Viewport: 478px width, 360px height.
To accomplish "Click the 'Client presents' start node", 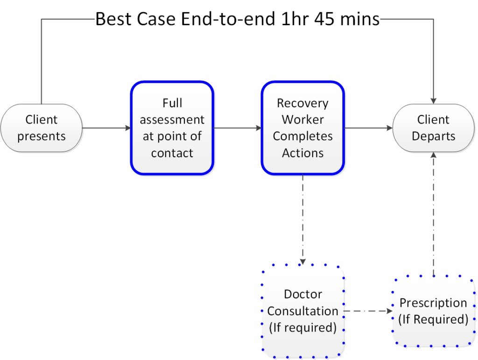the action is click(42, 128).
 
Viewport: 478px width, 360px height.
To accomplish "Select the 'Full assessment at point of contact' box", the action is click(172, 128).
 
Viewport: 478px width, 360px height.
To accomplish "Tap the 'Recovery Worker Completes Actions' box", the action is click(302, 128).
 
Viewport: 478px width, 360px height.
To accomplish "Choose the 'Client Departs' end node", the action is click(434, 128).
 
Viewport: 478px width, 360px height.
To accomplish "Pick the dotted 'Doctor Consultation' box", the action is click(302, 311).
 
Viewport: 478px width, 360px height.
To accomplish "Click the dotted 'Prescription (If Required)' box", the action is click(434, 311).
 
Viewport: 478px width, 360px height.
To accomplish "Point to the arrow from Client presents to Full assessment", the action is click(106, 128).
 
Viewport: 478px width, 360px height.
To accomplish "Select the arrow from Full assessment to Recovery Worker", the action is click(238, 128).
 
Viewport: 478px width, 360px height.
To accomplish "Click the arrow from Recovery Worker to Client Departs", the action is click(369, 128).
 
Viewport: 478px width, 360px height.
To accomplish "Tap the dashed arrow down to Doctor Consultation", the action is click(302, 220).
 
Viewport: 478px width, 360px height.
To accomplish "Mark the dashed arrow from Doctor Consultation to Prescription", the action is click(368, 311).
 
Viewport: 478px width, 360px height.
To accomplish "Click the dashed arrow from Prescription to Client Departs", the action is click(434, 214).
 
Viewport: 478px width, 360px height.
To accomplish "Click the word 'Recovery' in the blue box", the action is click(302, 104).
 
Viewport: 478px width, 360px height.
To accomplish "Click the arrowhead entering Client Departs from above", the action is click(434, 101).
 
